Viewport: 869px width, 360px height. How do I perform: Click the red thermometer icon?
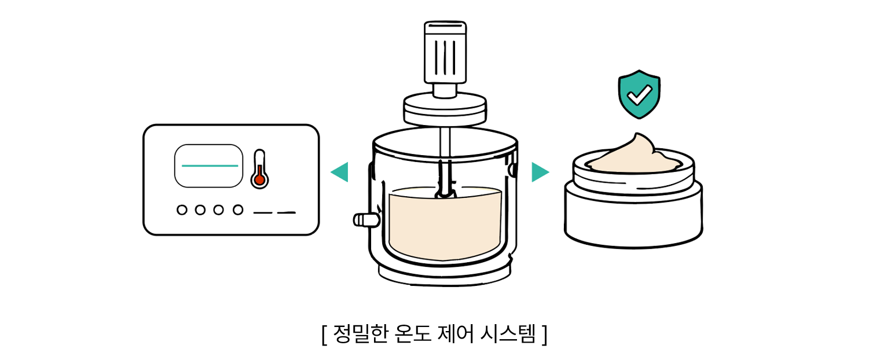(259, 170)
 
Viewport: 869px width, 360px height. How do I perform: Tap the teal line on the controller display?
(210, 166)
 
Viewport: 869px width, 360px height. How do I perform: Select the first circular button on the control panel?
(182, 210)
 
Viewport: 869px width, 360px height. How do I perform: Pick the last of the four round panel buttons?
(238, 210)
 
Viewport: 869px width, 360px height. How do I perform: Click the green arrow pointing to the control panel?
(339, 172)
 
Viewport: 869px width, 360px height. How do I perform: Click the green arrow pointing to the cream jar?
(540, 172)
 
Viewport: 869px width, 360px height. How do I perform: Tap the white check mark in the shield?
(639, 95)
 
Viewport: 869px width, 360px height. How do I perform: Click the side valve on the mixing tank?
(366, 220)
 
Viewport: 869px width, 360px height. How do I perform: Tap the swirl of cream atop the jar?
(635, 155)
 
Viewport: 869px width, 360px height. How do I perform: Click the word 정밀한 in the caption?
(361, 333)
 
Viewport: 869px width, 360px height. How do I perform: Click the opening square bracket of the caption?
(325, 335)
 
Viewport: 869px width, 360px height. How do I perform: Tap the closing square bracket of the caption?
(544, 335)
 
